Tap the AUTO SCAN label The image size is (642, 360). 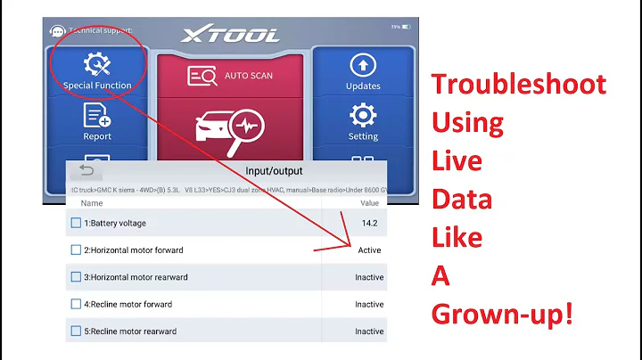click(x=249, y=75)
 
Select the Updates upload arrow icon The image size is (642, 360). click(x=363, y=65)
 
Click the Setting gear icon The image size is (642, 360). click(x=363, y=115)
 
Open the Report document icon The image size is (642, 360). click(x=97, y=115)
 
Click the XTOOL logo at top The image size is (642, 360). click(x=230, y=35)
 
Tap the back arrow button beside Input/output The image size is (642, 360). click(x=86, y=170)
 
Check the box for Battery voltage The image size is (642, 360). click(x=76, y=223)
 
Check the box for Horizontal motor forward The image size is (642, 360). click(x=76, y=250)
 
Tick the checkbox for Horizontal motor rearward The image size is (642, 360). click(x=76, y=277)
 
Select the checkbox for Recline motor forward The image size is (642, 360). click(x=76, y=305)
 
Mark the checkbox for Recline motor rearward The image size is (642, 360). click(x=76, y=331)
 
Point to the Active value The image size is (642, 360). click(x=369, y=250)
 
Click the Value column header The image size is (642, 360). click(x=369, y=203)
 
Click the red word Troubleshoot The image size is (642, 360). click(x=519, y=86)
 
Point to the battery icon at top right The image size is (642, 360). click(x=406, y=27)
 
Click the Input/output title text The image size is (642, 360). click(x=274, y=170)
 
